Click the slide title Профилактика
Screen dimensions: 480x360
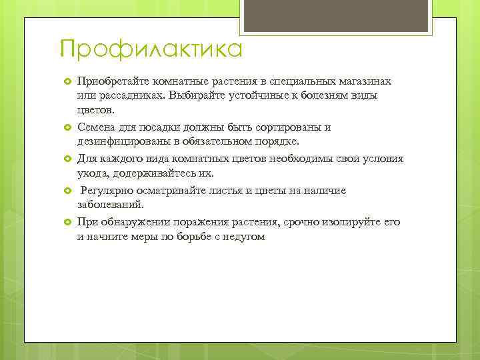click(x=151, y=49)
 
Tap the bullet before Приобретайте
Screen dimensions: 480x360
click(x=67, y=81)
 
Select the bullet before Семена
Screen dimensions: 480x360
click(x=67, y=127)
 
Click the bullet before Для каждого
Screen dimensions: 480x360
click(x=67, y=159)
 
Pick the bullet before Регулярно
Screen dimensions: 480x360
click(x=67, y=191)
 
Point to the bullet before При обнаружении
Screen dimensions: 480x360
click(x=67, y=222)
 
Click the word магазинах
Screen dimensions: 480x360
click(x=365, y=81)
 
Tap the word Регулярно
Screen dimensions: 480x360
click(x=107, y=191)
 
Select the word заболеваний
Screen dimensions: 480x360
click(x=111, y=205)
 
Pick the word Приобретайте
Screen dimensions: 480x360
click(x=113, y=81)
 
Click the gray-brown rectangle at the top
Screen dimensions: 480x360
click(x=336, y=16)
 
